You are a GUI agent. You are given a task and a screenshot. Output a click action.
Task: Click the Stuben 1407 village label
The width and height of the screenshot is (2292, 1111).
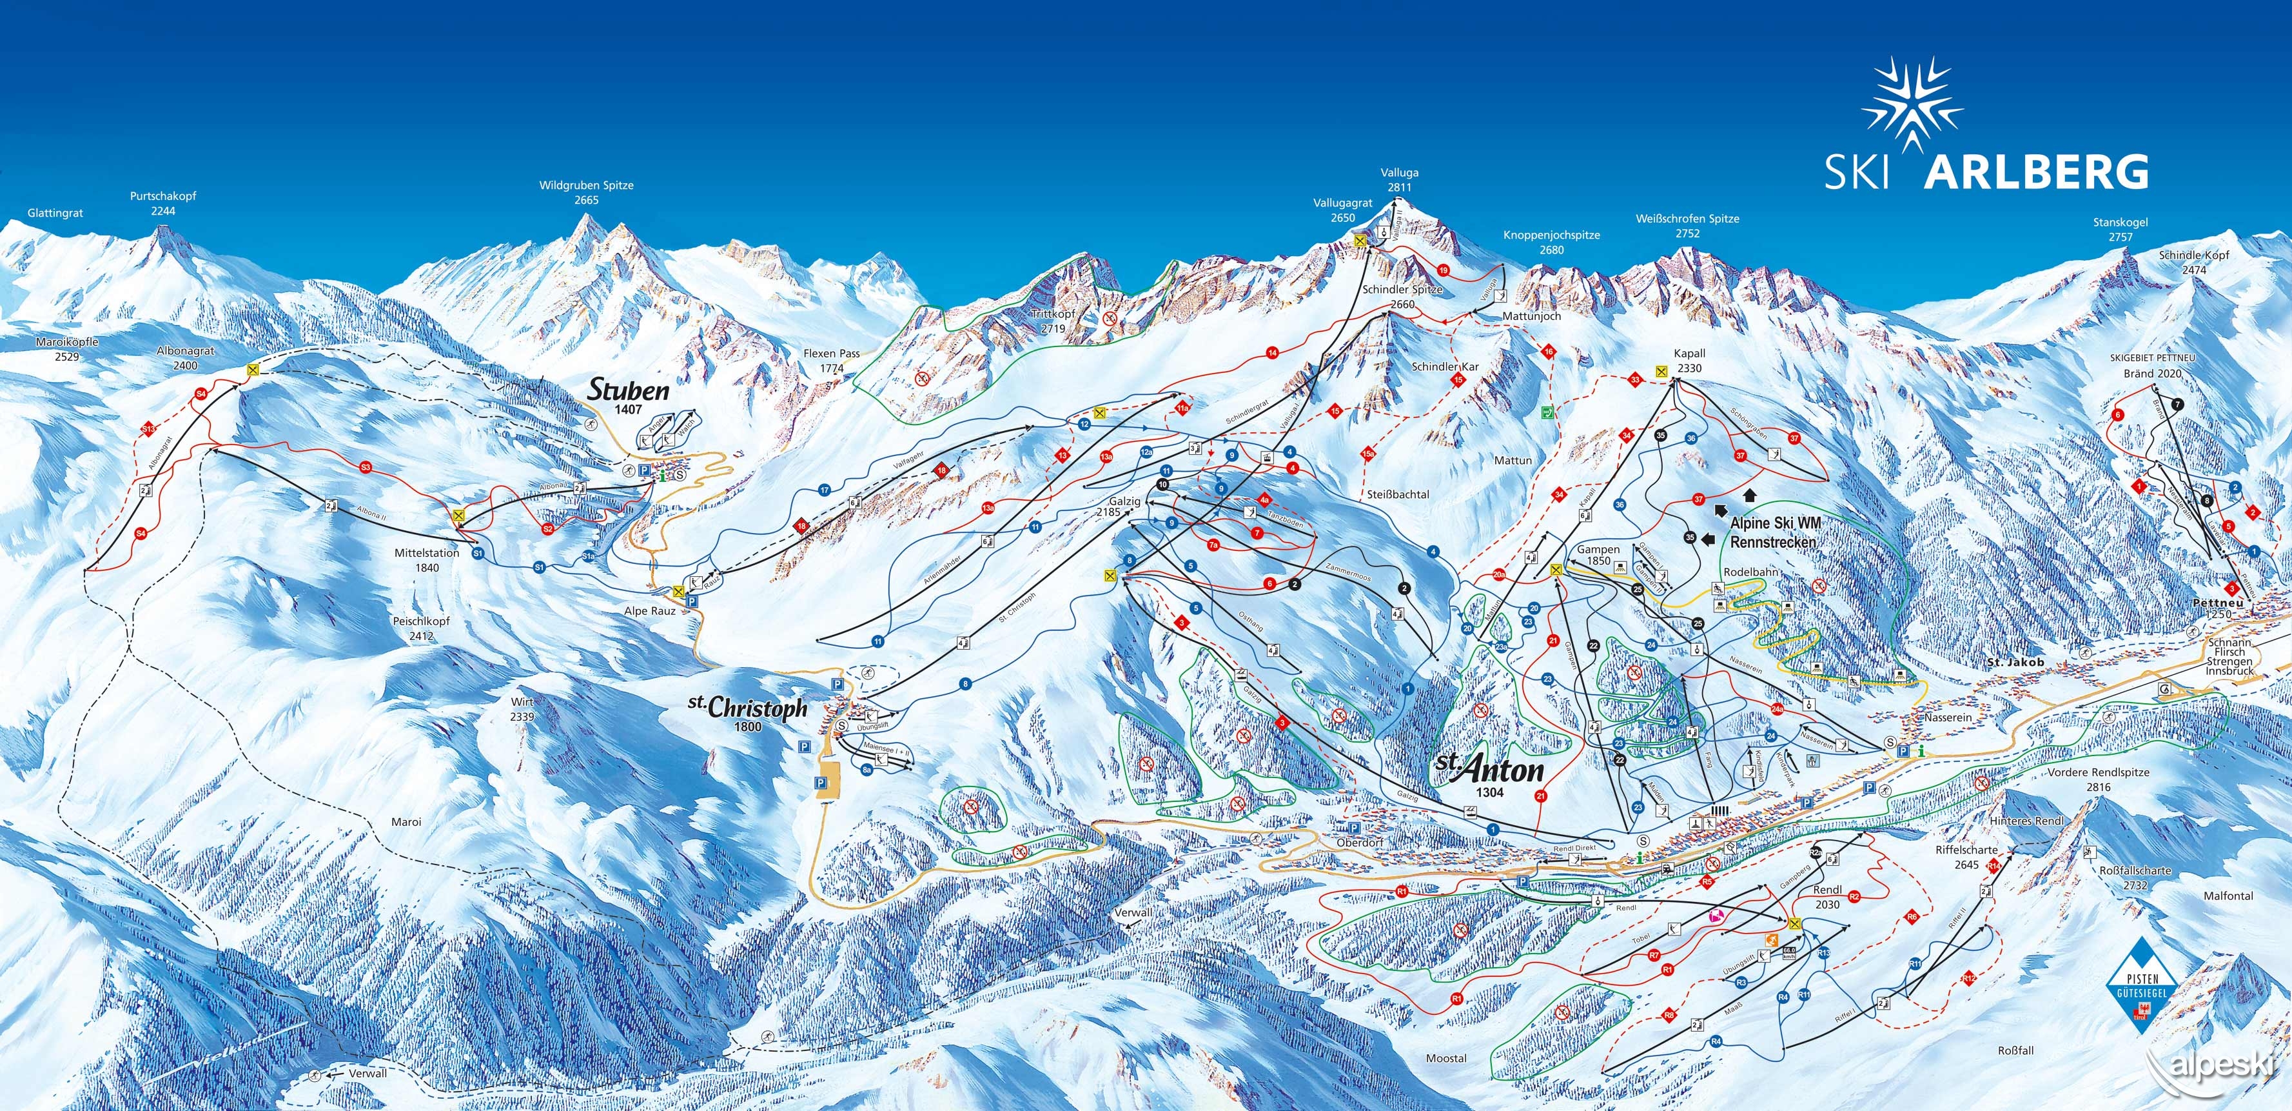coord(628,396)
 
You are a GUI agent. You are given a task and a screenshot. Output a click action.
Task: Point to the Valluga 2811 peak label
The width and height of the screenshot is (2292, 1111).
coord(1400,180)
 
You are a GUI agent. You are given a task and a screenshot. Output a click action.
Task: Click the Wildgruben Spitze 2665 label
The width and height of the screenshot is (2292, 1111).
coord(586,192)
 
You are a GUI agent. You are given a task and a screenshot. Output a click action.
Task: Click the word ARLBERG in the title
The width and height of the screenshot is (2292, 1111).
coord(2036,172)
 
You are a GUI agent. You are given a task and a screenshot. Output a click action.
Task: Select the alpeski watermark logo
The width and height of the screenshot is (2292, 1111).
coord(2215,1067)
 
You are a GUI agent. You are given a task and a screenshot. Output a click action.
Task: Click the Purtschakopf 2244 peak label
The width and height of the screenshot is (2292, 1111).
coord(163,203)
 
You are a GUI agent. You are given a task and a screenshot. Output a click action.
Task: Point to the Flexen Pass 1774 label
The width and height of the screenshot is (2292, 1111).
coord(831,359)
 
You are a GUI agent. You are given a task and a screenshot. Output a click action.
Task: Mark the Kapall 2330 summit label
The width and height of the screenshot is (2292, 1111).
coord(1688,361)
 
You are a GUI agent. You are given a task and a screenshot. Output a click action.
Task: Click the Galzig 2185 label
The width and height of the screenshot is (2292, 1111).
coord(1124,506)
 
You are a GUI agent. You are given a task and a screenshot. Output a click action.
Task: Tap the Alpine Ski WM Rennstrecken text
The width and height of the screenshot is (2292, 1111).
coord(1775,532)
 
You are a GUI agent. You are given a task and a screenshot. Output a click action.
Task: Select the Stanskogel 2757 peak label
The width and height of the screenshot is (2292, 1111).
coord(2121,230)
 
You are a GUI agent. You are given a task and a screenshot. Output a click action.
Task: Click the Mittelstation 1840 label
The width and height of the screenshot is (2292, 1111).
coord(427,560)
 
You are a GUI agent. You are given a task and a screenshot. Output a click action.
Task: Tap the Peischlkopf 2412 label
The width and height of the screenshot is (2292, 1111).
coord(421,628)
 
